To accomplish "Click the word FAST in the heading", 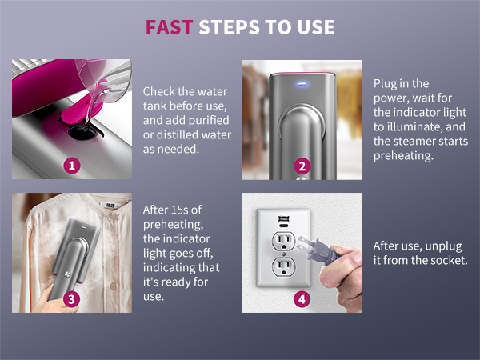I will pos(168,28).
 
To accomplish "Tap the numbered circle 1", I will pos(73,166).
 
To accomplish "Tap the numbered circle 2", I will pos(302,166).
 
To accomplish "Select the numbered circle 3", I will pos(73,299).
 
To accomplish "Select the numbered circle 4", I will pos(302,299).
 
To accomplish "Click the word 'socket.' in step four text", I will pos(442,262).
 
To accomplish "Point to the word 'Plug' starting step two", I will pos(386,82).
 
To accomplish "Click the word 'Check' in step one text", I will pos(160,92).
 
